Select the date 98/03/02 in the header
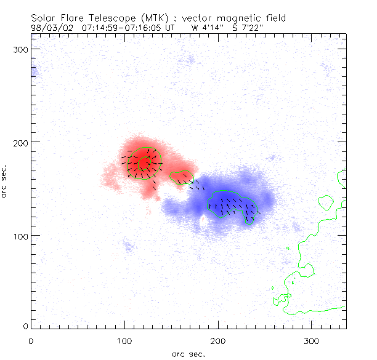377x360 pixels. [x=49, y=28]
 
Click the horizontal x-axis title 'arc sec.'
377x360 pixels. [x=188, y=354]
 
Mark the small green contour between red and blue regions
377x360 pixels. [x=181, y=177]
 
